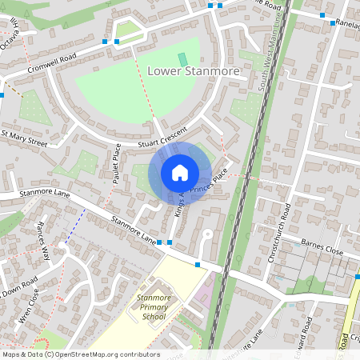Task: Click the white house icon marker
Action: (180, 172)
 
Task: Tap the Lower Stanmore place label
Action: (194, 71)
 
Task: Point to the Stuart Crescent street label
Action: (162, 136)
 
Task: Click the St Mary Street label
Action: (25, 138)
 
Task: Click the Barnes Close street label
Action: (322, 245)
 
